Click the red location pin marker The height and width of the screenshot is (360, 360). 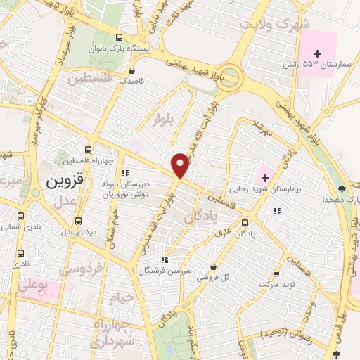coord(181,165)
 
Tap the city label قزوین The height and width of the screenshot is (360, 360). coord(64,180)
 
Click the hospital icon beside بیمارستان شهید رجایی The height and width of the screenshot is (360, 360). coord(265,176)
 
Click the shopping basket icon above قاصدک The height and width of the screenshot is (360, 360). coord(131,70)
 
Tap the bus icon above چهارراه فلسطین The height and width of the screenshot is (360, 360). coord(87,150)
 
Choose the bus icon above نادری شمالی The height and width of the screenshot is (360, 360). coord(20,217)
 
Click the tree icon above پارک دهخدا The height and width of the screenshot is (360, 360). coord(342,188)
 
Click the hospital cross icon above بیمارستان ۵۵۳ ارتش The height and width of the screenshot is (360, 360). coord(318,53)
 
